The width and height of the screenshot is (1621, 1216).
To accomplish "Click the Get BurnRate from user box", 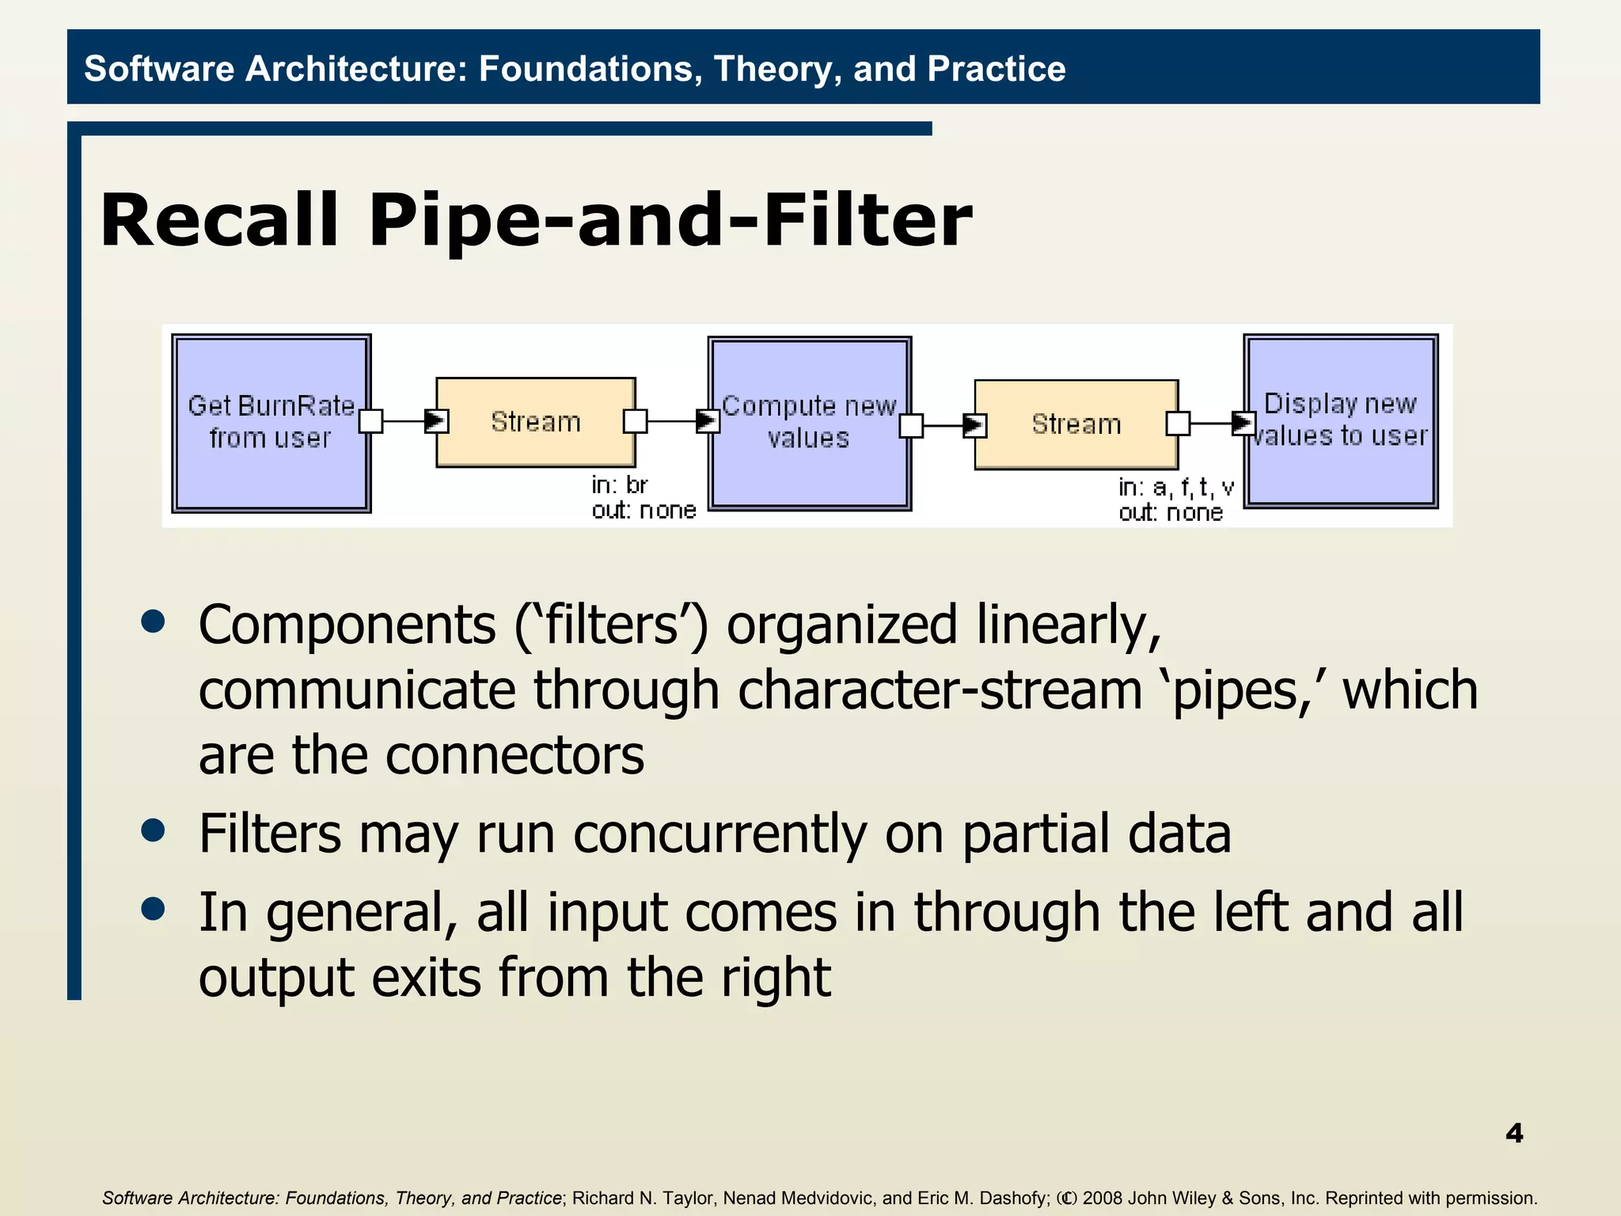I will coord(271,423).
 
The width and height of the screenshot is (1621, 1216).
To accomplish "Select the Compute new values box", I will coord(809,423).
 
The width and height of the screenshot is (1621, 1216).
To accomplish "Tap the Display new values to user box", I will coord(1340,420).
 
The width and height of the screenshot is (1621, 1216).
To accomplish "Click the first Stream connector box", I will coord(536,422).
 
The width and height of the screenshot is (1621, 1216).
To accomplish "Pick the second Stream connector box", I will coord(1076,424).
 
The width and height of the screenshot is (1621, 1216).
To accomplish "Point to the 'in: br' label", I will coord(620,484).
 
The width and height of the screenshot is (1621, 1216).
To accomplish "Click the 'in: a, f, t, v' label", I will coord(1175,487).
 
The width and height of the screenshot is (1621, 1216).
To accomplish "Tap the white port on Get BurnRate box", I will coord(370,421).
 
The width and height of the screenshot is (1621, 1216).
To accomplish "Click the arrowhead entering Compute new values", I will coord(707,421).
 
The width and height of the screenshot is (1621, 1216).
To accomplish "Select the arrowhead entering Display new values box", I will coord(1243,423).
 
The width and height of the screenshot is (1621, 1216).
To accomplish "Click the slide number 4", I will coord(1513,1133).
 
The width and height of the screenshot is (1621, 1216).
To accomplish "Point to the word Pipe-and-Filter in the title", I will coord(670,221).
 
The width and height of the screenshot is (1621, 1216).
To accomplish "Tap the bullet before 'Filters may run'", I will coord(153,830).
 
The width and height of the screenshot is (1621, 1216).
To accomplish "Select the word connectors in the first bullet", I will coord(514,754).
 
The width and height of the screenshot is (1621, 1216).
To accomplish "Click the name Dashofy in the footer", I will coord(1014,1198).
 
